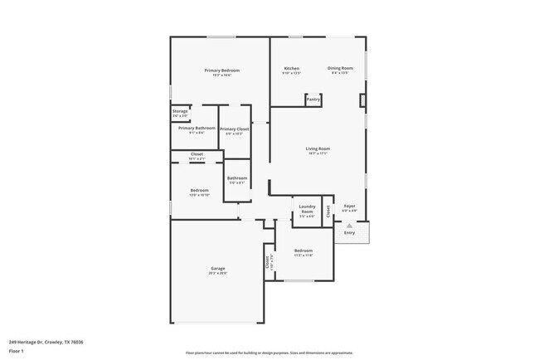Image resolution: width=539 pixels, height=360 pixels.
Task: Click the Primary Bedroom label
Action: point(222,71)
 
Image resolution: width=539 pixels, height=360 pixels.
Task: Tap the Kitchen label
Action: point(291,68)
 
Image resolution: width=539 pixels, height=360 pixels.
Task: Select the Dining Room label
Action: point(340,68)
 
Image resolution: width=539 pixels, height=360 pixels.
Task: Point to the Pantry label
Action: point(313,100)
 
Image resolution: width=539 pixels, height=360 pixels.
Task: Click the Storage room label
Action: point(180,110)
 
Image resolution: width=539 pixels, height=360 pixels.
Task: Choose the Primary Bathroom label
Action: point(197,128)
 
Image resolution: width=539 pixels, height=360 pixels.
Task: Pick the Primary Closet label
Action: point(235,129)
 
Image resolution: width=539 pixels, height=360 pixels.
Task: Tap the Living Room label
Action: point(318,148)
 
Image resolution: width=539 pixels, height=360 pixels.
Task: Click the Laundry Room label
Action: point(307,208)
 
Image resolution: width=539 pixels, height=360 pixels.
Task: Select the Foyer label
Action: point(350,206)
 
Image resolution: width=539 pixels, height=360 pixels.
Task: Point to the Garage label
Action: point(218,269)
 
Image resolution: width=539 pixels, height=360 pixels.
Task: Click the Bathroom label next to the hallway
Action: point(237,178)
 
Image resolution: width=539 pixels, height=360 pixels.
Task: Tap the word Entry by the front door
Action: point(349,233)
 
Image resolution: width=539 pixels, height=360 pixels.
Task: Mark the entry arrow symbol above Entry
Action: point(349,225)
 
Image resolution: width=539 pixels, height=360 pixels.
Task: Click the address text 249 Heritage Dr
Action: point(46,341)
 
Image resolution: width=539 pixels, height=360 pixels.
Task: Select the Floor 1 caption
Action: point(17,351)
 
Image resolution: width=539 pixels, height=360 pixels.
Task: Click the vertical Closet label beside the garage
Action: point(267,263)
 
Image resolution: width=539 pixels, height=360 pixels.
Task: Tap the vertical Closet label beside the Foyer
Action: point(328,212)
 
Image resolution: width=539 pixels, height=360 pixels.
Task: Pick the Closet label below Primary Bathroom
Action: point(197,154)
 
